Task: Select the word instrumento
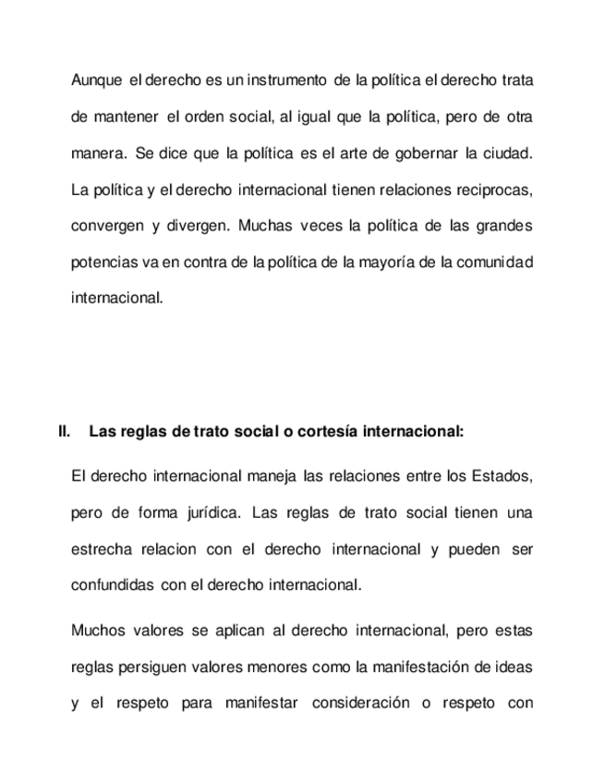(287, 80)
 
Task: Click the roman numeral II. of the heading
(64, 432)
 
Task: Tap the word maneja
(272, 476)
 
